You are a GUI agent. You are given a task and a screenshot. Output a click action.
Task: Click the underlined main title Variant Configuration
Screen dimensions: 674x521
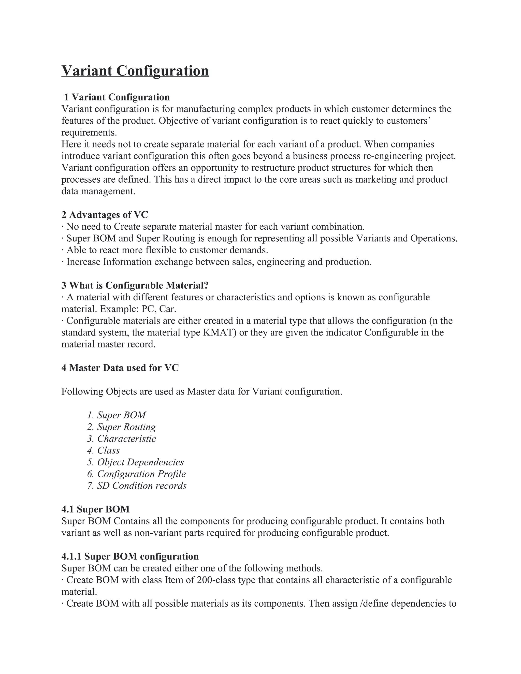click(x=135, y=71)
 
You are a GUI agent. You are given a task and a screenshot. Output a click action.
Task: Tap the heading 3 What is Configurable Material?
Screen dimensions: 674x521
click(x=135, y=285)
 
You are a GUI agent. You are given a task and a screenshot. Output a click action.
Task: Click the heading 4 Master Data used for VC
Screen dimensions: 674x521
click(x=120, y=368)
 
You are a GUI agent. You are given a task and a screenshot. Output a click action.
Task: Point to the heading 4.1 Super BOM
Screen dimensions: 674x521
click(x=95, y=509)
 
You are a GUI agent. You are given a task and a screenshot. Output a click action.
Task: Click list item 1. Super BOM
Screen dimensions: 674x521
click(x=116, y=415)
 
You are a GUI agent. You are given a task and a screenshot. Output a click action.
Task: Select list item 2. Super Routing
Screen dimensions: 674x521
click(x=121, y=427)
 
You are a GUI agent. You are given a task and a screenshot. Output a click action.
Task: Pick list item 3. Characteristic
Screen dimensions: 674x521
click(x=121, y=438)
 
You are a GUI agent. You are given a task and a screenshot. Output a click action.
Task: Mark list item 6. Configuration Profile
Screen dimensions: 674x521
click(x=136, y=474)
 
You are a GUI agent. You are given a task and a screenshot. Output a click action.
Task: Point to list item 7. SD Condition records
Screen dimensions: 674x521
click(x=137, y=486)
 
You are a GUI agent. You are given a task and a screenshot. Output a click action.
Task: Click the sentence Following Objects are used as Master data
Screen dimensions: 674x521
click(x=201, y=391)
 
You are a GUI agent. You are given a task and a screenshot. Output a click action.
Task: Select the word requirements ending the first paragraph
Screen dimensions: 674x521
click(x=89, y=133)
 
